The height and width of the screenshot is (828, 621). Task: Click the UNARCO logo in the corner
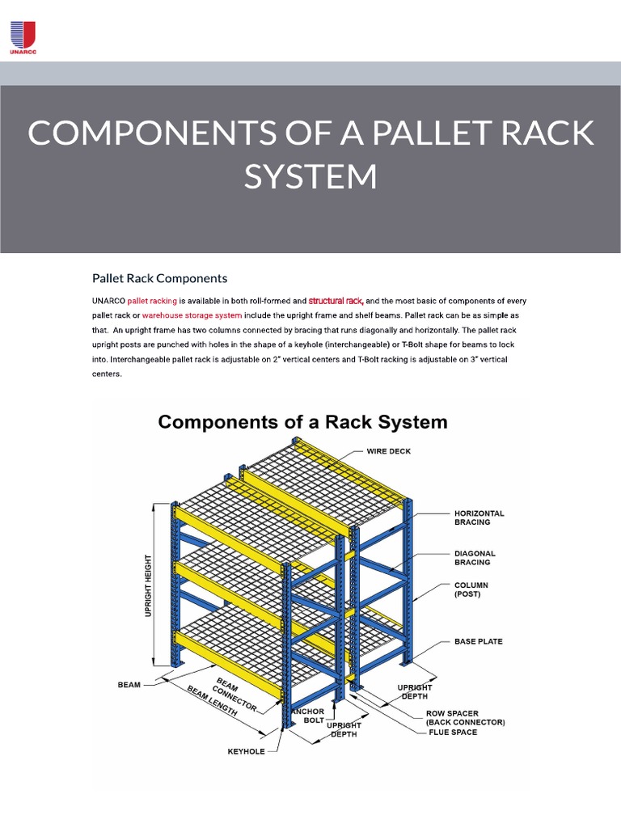(x=23, y=37)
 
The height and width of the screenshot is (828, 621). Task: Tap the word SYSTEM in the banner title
(x=310, y=176)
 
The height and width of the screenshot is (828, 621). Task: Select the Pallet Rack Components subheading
(x=159, y=278)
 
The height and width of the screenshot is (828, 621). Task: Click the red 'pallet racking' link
(x=152, y=300)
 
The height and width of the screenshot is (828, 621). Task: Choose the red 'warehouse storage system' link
(x=192, y=315)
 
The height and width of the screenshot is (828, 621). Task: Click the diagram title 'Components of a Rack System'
(x=302, y=421)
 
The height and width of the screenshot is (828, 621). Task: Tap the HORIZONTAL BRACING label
(x=479, y=517)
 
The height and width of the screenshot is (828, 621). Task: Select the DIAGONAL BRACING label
(x=472, y=557)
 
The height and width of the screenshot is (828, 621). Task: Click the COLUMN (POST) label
(x=471, y=589)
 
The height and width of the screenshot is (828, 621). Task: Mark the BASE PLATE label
(x=478, y=641)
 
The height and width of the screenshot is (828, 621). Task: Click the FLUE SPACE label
(x=453, y=733)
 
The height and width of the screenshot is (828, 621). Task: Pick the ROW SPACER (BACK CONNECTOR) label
(x=465, y=718)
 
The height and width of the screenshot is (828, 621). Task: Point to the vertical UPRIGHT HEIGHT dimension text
(x=148, y=585)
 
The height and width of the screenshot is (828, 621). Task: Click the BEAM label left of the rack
(x=129, y=684)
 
